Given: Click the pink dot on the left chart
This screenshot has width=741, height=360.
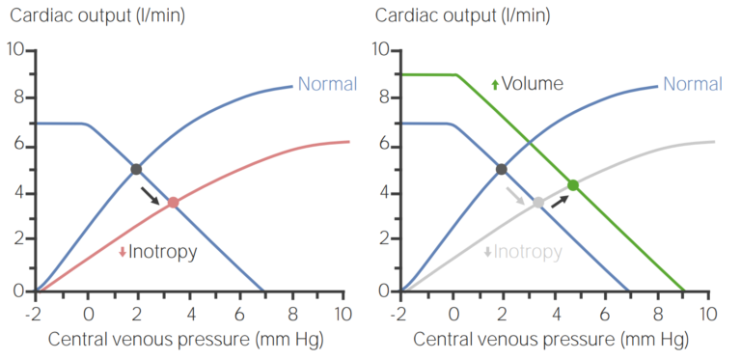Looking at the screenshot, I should point(173,203).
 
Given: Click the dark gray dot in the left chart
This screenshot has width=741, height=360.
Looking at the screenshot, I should point(136,169).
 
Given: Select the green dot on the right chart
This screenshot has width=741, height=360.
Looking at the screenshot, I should point(573,184).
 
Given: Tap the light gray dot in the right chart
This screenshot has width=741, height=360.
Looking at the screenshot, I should point(538,203).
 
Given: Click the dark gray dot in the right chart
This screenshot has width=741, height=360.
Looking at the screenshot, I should point(502,169).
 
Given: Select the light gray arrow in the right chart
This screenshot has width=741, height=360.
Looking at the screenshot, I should point(516,195).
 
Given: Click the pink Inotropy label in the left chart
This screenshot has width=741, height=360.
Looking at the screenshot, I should point(163,252).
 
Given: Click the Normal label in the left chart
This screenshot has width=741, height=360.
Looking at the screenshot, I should point(327,84).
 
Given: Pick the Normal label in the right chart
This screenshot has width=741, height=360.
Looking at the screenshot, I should point(693,84).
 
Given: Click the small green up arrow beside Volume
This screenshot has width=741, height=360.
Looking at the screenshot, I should point(495,85).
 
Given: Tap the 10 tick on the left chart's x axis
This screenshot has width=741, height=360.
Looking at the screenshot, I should point(343,313).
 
